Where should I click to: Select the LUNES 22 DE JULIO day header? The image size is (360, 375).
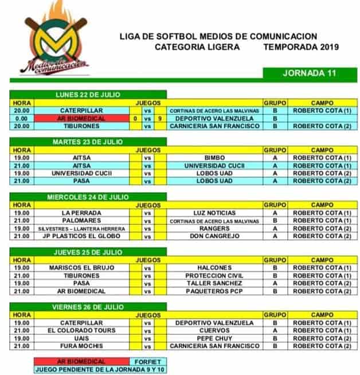88,94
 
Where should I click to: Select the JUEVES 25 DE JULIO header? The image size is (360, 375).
88,251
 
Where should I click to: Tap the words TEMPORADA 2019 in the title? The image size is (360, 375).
301,48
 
